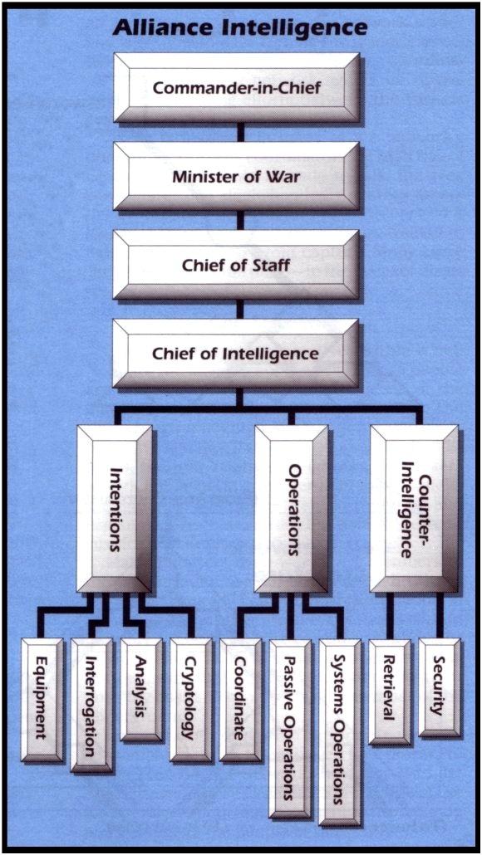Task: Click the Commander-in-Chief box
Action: tap(236, 87)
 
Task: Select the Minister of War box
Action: tap(236, 177)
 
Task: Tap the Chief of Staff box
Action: tap(236, 265)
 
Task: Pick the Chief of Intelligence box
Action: tap(236, 354)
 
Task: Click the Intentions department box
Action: tap(115, 509)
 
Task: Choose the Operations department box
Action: tap(292, 509)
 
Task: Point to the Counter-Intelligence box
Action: tap(415, 509)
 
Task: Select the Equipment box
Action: tap(42, 700)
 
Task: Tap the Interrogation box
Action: tap(91, 705)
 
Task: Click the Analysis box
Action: tap(140, 690)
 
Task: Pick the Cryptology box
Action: tap(190, 700)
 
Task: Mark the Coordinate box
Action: tap(240, 700)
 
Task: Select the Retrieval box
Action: tap(390, 691)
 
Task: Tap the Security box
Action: tap(440, 687)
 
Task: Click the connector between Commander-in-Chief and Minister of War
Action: tap(240, 133)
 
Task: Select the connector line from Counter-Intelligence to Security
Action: tap(440, 615)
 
